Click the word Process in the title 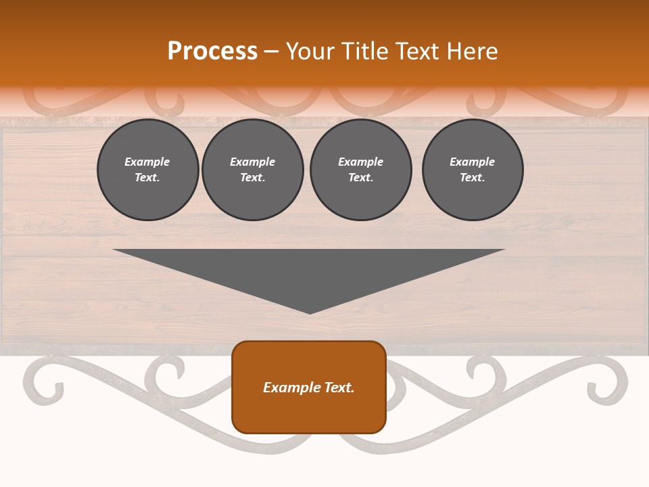click(212, 51)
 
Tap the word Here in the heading click(471, 51)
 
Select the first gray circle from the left click(147, 170)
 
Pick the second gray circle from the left click(252, 170)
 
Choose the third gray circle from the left click(360, 170)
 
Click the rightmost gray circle click(472, 170)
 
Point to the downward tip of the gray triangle click(310, 312)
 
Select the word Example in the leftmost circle click(147, 162)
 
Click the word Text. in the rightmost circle click(472, 178)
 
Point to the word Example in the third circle click(360, 162)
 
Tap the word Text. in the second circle click(252, 178)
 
